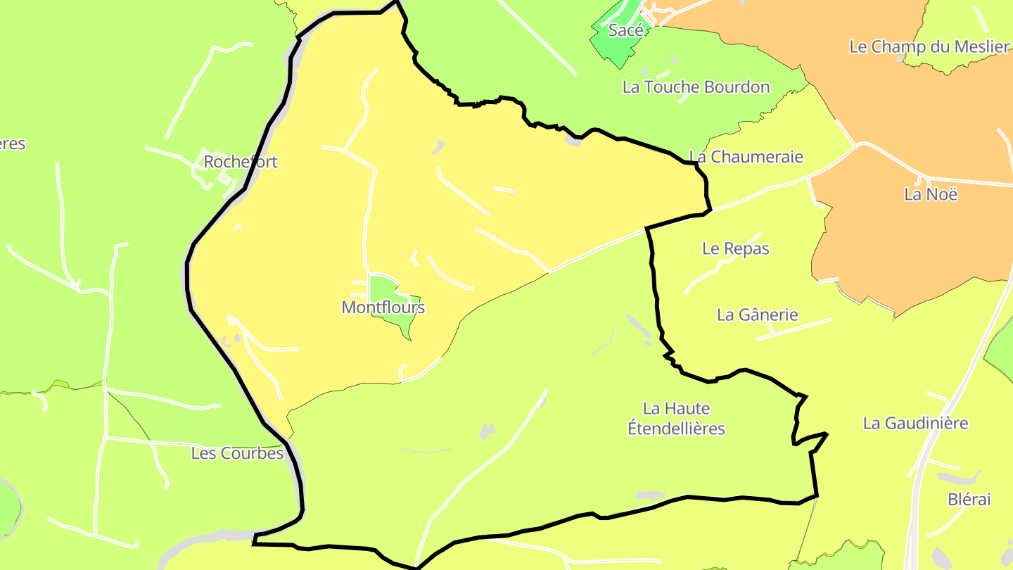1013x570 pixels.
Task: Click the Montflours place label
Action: [383, 308]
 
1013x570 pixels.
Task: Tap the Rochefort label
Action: [241, 162]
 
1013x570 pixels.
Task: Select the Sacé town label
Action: [625, 30]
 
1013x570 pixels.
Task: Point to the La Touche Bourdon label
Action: [696, 87]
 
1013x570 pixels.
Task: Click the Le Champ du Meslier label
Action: [929, 47]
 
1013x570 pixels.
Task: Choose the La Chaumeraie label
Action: [746, 156]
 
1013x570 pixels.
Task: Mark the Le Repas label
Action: [736, 248]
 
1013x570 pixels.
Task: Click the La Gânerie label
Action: [758, 315]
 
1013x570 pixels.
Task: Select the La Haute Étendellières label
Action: [676, 418]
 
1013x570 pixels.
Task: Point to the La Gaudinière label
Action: [915, 423]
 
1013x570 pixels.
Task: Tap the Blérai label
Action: [969, 500]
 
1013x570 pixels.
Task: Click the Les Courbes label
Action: [237, 453]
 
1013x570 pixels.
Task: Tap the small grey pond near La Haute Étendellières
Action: [487, 431]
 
